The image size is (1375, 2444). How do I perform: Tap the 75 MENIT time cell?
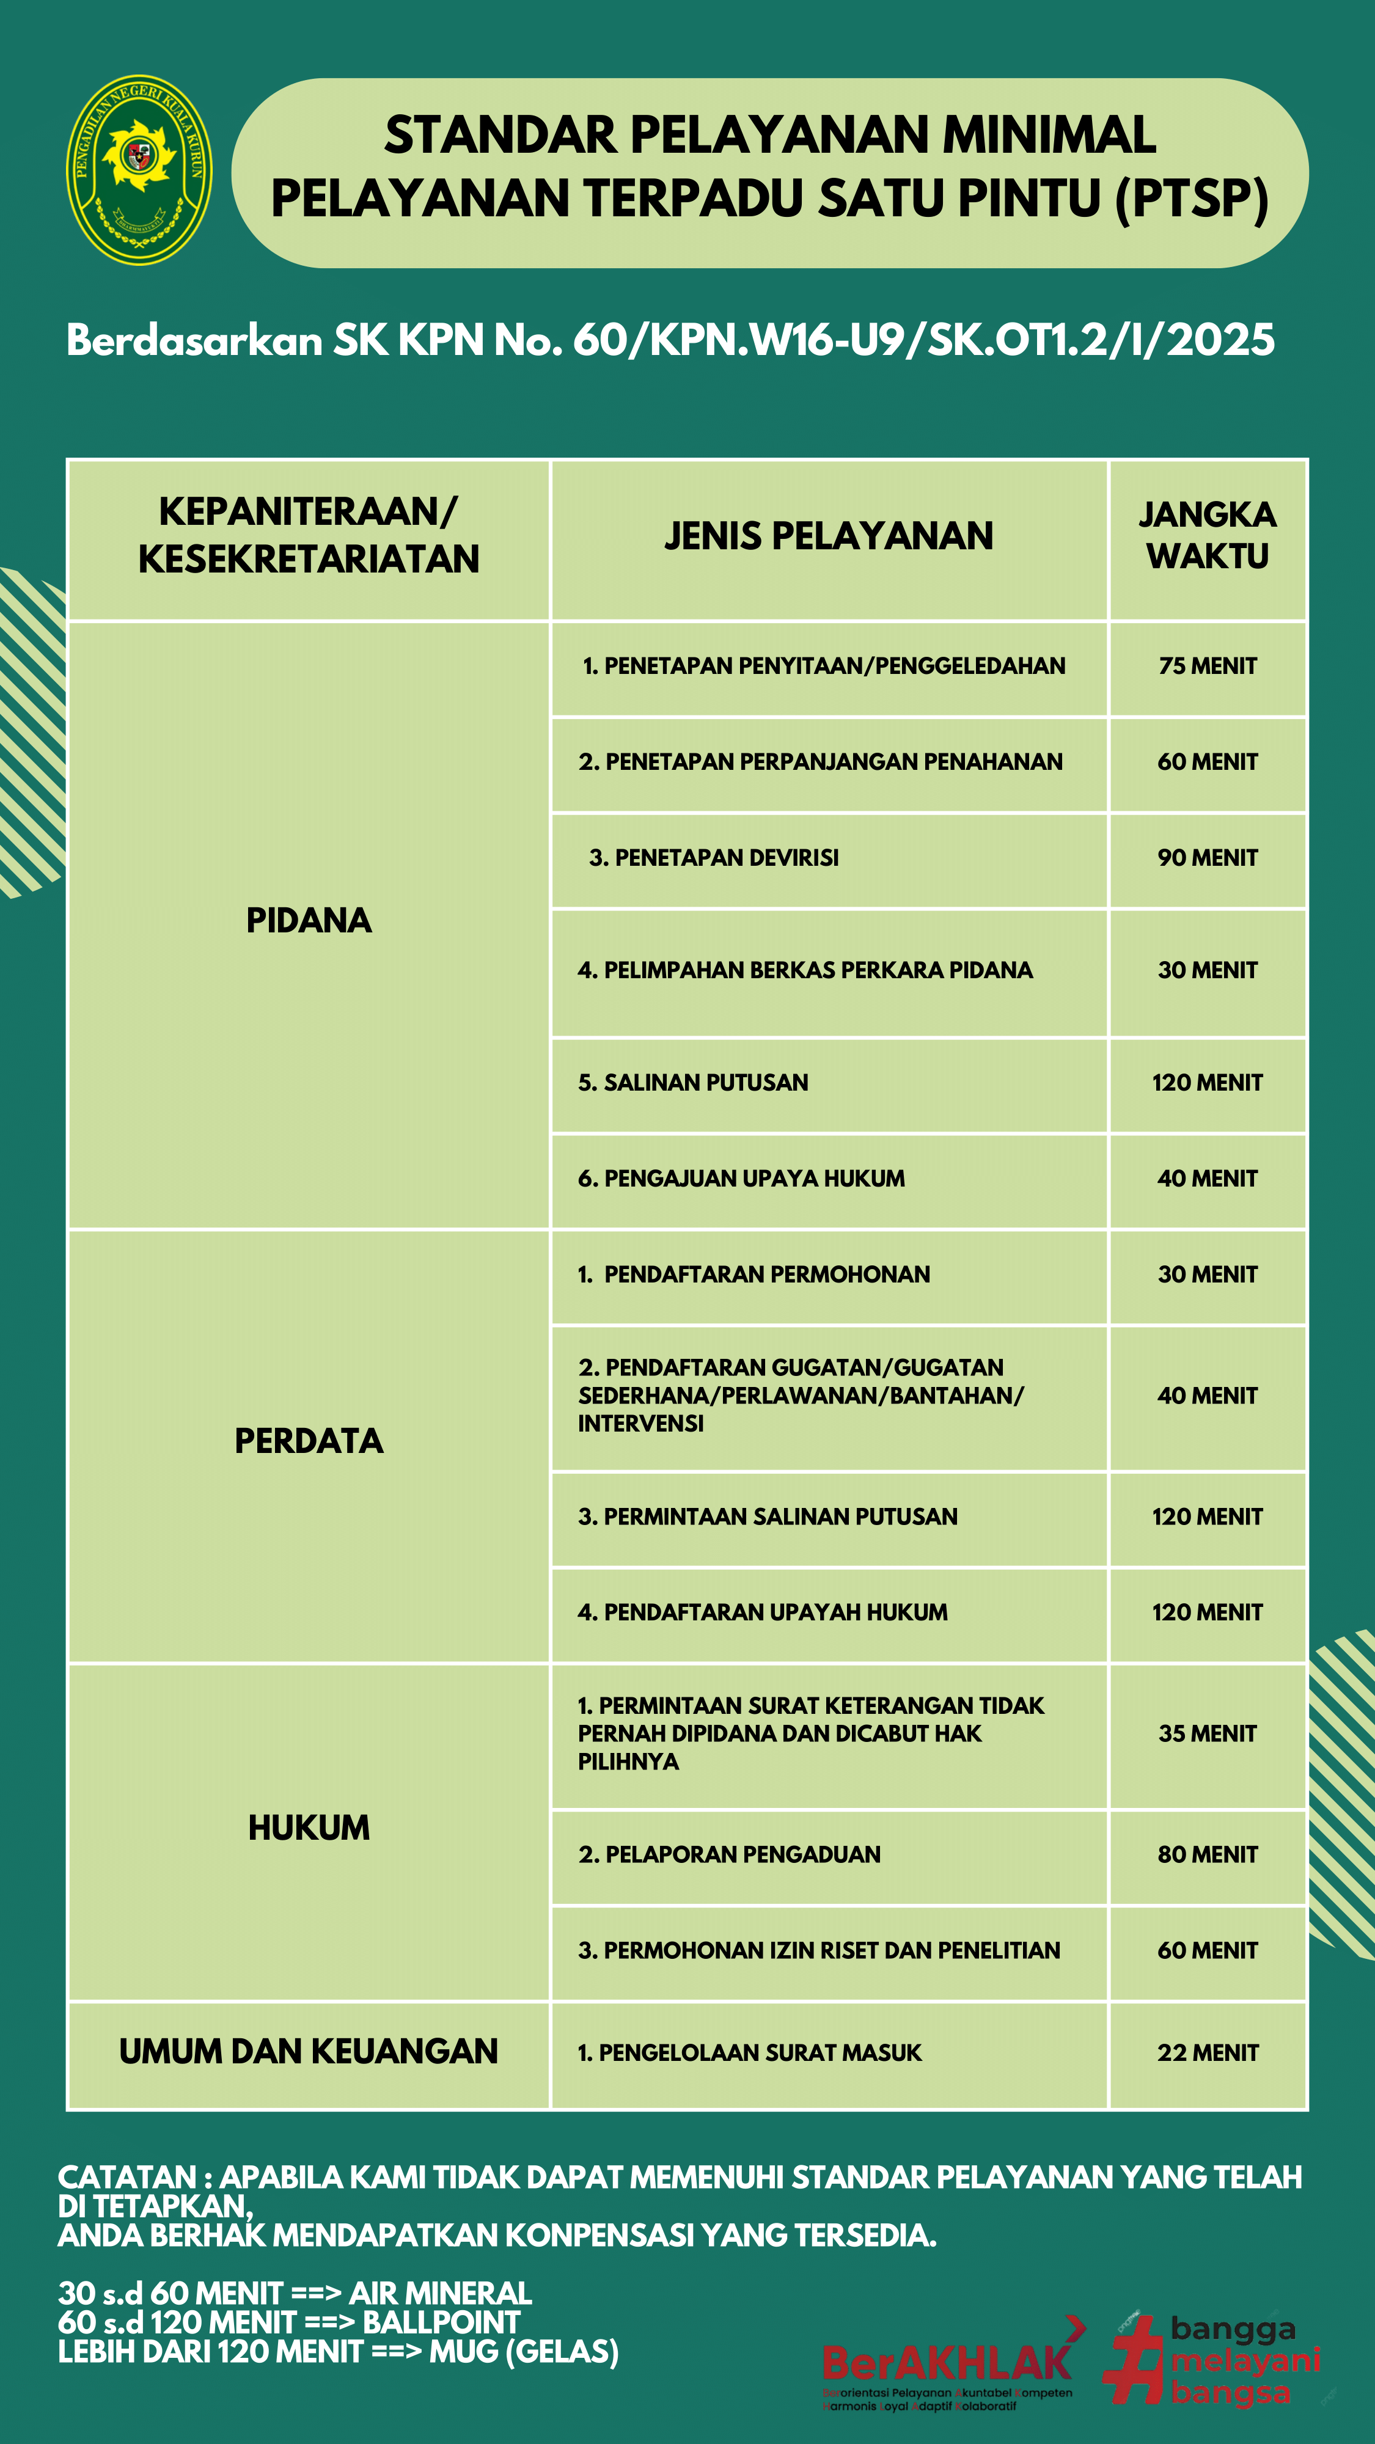point(1207,666)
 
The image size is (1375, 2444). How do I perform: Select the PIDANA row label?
point(309,920)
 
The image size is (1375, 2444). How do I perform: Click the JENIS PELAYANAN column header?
point(829,536)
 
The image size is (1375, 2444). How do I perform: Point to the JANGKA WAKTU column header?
point(1207,536)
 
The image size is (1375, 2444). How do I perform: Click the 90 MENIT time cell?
point(1207,858)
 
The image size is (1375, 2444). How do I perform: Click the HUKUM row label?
point(309,1828)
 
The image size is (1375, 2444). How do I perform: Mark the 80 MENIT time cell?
point(1207,1855)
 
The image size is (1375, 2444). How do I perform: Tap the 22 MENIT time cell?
point(1207,2053)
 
